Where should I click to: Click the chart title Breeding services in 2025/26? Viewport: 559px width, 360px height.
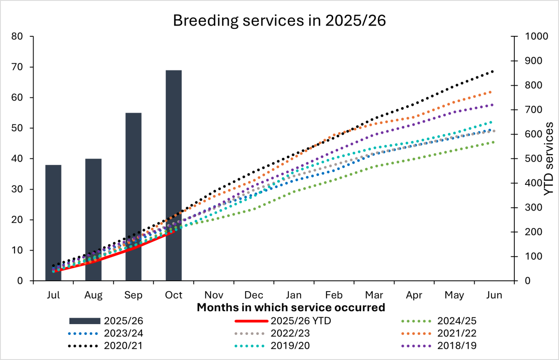279,21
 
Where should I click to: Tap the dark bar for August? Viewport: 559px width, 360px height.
93,219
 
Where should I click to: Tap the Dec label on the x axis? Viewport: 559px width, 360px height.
254,295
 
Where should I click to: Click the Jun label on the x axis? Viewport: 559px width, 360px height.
494,295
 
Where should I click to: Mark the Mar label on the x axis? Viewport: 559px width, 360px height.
374,295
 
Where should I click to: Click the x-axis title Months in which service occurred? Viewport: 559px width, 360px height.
291,307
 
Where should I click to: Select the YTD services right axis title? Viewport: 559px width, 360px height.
548,158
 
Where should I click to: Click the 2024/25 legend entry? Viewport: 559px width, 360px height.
457,320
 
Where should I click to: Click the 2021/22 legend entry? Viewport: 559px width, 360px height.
457,333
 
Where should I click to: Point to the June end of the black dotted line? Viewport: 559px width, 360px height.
492,71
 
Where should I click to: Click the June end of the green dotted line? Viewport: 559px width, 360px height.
492,142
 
